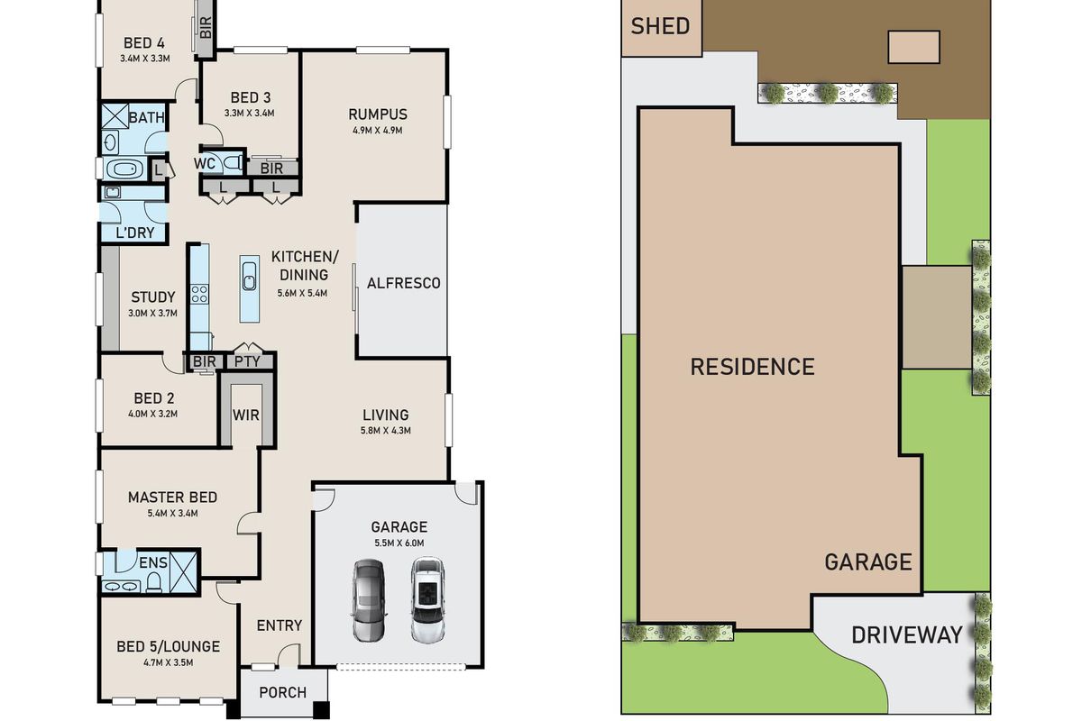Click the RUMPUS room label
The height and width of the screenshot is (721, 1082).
(378, 114)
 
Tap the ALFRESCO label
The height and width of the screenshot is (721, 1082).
(403, 283)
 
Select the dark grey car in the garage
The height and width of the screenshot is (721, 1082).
(368, 600)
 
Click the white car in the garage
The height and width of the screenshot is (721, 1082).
(427, 600)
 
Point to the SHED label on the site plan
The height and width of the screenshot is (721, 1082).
(660, 26)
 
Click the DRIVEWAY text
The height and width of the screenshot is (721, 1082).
(907, 635)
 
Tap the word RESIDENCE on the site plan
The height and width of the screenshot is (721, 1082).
(752, 367)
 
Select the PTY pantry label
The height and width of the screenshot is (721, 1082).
(247, 361)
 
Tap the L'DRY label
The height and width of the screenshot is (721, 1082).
(135, 233)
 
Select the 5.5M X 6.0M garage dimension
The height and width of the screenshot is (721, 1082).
(399, 543)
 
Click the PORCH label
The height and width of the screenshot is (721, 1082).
(282, 692)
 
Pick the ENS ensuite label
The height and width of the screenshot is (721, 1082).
(152, 563)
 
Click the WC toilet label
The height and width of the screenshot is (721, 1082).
(205, 163)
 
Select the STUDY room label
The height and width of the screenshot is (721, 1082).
(153, 297)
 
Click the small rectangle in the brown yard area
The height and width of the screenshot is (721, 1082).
(913, 46)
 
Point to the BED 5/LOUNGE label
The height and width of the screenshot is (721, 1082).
(168, 646)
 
